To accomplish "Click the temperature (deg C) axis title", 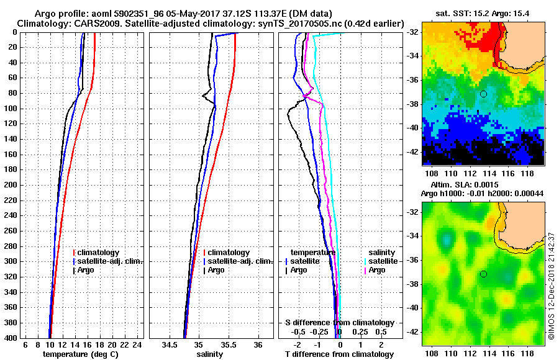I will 84,354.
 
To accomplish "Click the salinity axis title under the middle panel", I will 211,354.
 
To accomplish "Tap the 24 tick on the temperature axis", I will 138,344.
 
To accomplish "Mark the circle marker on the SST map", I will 483,94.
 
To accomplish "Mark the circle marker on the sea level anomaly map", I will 483,274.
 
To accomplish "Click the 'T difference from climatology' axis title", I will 339,354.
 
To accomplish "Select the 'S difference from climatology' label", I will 339,323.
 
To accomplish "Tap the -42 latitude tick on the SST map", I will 414,151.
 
